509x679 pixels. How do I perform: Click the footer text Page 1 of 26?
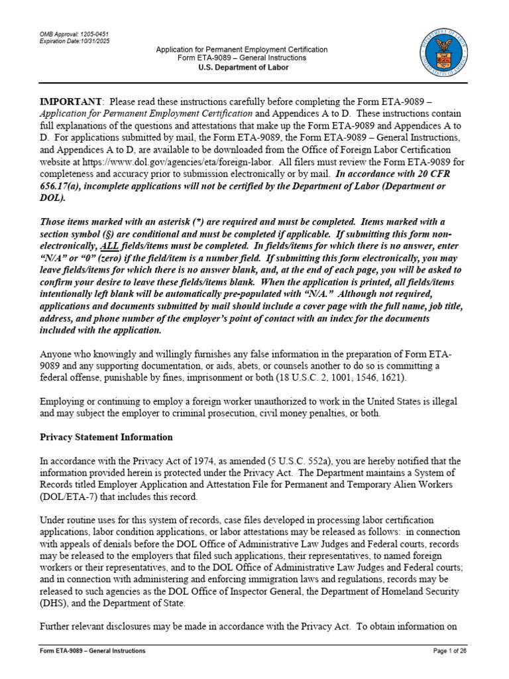pos(449,650)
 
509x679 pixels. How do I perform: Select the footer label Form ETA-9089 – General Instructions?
pos(93,650)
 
